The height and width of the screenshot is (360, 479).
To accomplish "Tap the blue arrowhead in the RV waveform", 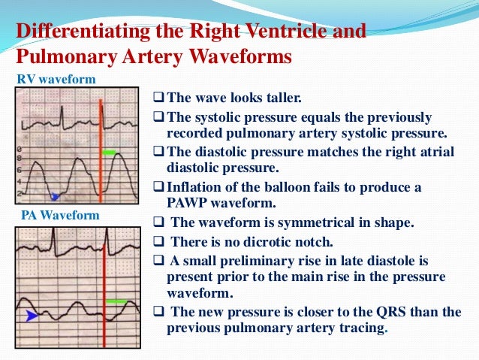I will tap(54, 197).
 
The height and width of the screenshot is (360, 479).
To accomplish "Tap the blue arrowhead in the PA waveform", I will tap(31, 316).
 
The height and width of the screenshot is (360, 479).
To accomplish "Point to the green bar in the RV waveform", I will tap(110, 153).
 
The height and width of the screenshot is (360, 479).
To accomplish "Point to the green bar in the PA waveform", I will tap(116, 301).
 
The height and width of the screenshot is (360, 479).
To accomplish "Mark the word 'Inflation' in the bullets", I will tap(194, 186).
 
